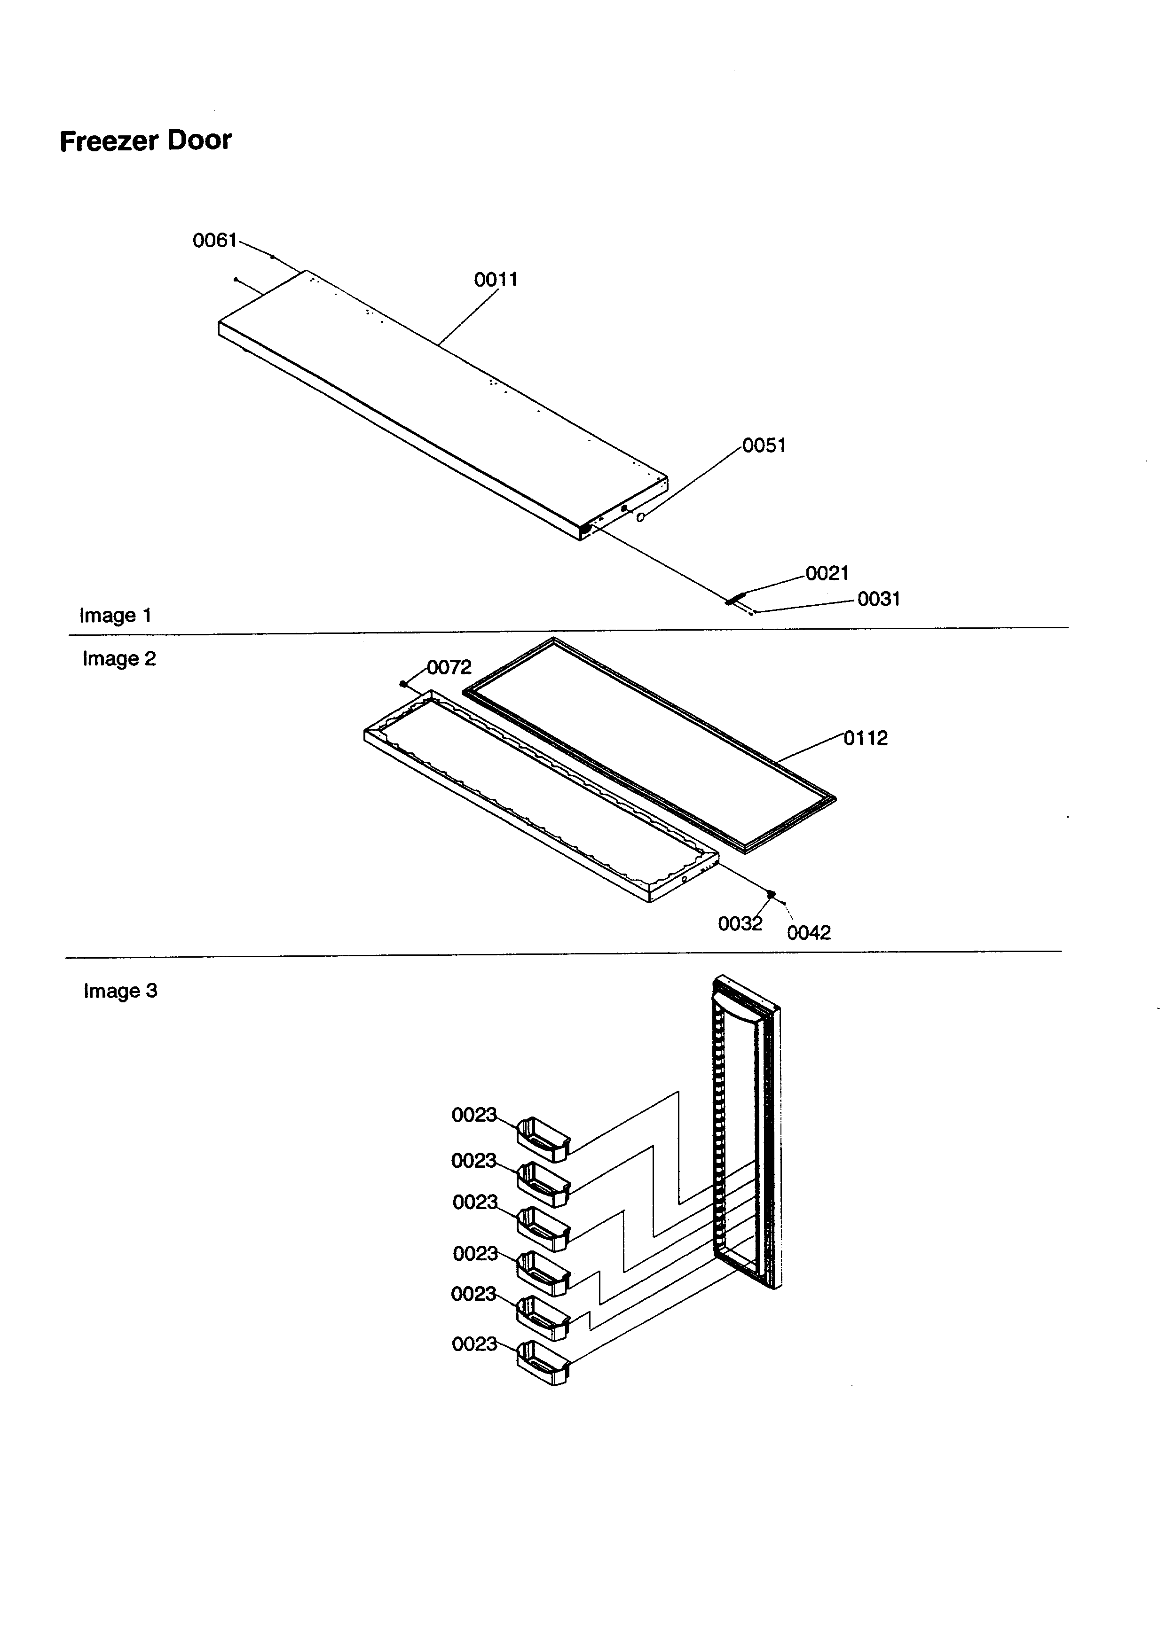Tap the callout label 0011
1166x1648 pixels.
click(496, 280)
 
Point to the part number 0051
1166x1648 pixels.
click(764, 446)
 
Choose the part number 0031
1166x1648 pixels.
click(879, 599)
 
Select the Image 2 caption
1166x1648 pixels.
click(119, 659)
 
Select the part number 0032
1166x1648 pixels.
click(740, 924)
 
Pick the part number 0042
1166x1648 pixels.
click(809, 933)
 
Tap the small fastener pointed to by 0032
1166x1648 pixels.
click(771, 894)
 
